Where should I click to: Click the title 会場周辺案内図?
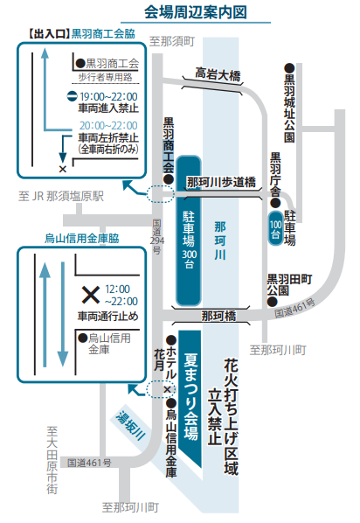coord(196,12)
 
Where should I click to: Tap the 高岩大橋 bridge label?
coord(218,74)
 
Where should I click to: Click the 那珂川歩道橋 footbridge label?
coord(221,183)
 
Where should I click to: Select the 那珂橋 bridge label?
coord(218,316)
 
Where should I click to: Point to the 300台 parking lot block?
coord(189,230)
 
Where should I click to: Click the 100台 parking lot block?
coord(275,228)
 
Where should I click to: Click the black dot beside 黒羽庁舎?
coord(275,202)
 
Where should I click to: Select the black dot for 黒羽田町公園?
coord(273,303)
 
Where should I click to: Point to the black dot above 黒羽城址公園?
coord(289,68)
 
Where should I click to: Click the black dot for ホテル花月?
coord(171,340)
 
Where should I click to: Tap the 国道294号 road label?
coord(156,236)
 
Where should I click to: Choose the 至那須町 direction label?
coord(171,42)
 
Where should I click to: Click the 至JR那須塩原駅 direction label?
coord(61,196)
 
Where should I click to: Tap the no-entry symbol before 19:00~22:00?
coord(72,97)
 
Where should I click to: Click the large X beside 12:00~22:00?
coord(91,295)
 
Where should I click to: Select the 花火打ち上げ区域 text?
coord(232,416)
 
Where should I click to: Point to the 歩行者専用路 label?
coord(106,77)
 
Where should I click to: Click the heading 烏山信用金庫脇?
coord(82,239)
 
